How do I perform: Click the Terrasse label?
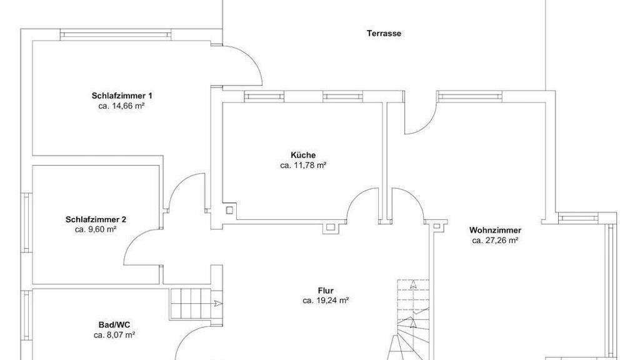384,34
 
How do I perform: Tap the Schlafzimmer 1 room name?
122,96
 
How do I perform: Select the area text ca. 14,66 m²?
122,106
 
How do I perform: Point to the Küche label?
303,155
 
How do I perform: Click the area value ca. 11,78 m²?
303,165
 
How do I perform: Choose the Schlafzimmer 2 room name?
96,219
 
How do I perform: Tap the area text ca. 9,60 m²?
96,229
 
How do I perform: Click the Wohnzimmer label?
495,230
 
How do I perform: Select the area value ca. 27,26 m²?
495,241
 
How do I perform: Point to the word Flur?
326,291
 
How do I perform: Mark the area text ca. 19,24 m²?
326,301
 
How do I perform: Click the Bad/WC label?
114,325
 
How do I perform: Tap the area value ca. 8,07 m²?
114,335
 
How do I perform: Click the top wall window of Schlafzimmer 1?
115,34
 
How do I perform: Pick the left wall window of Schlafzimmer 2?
26,222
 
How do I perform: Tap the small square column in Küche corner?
229,210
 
